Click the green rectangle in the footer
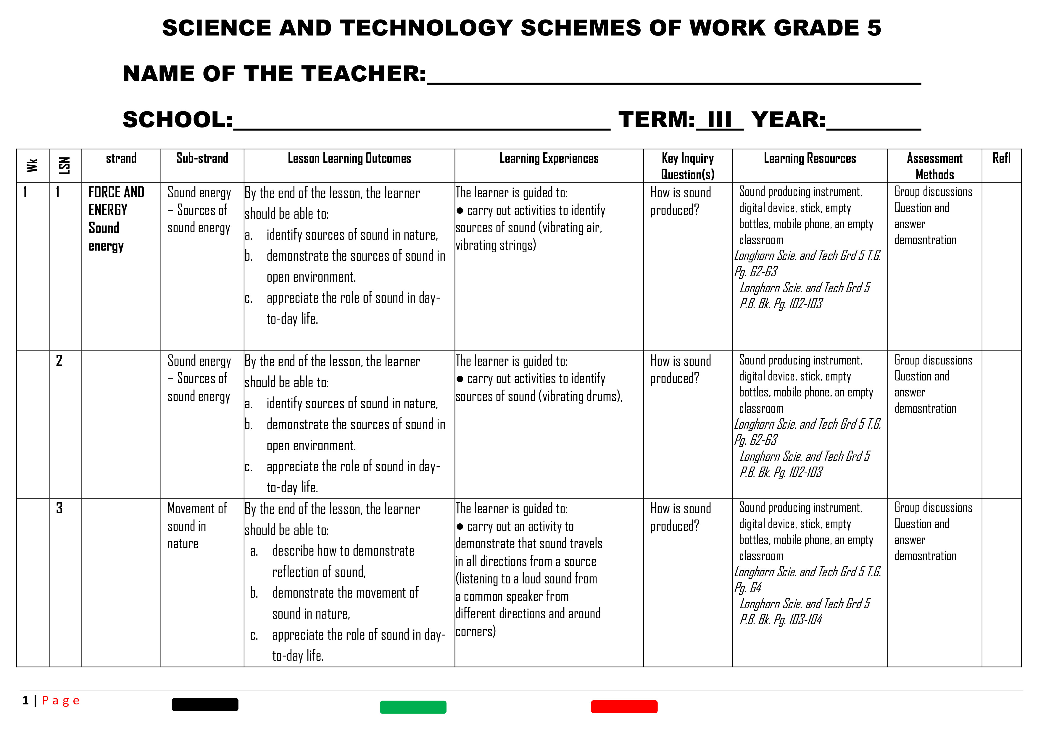[413, 707]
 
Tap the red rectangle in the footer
[624, 706]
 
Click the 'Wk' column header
[32, 165]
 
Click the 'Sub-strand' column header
[202, 158]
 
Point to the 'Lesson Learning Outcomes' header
[349, 158]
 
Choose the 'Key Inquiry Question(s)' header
[687, 166]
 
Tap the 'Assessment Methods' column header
[934, 166]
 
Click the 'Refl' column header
[1001, 158]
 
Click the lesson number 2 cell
[59, 361]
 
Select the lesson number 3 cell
[59, 508]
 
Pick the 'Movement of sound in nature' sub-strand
[197, 526]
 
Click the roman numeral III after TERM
[719, 120]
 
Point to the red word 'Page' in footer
[61, 701]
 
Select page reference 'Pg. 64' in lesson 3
[748, 588]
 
